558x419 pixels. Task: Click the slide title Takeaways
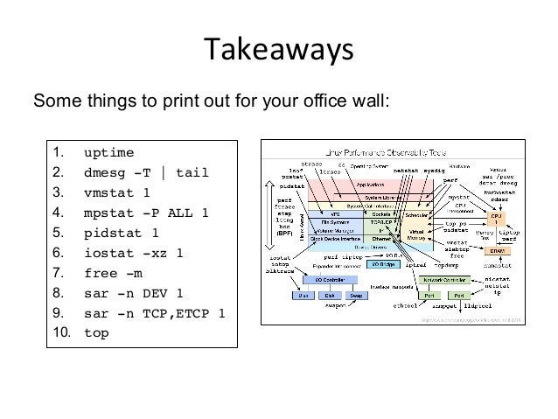click(x=277, y=49)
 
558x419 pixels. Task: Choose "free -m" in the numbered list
click(x=113, y=272)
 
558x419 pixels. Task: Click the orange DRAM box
click(x=498, y=250)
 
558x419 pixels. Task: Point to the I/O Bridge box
click(x=384, y=262)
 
